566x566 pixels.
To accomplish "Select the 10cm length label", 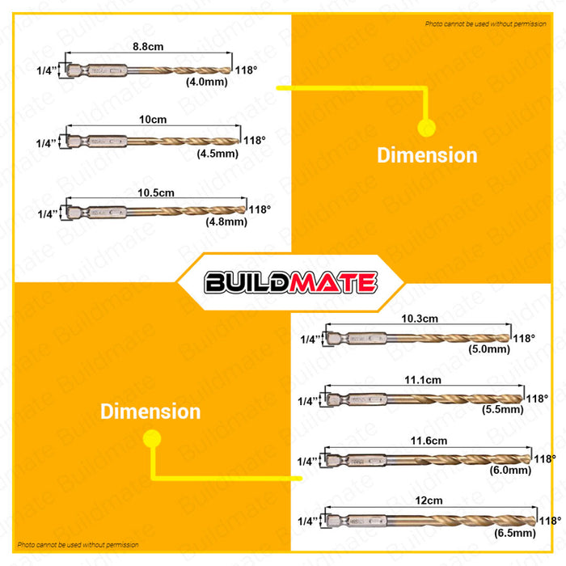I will [153, 119].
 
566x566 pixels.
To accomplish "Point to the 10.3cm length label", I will [418, 319].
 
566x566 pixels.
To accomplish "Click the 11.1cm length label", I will [424, 378].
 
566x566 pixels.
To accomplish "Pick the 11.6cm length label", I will [429, 440].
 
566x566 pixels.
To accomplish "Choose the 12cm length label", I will [429, 501].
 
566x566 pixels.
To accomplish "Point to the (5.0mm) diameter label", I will [489, 349].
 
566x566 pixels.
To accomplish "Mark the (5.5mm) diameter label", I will [502, 410].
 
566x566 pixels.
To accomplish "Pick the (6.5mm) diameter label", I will [513, 534].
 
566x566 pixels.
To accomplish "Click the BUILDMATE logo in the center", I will [290, 282].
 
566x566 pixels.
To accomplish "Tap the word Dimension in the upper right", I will [427, 155].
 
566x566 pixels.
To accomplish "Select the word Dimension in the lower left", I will [150, 411].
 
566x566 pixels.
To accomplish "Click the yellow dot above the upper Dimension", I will [426, 126].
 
